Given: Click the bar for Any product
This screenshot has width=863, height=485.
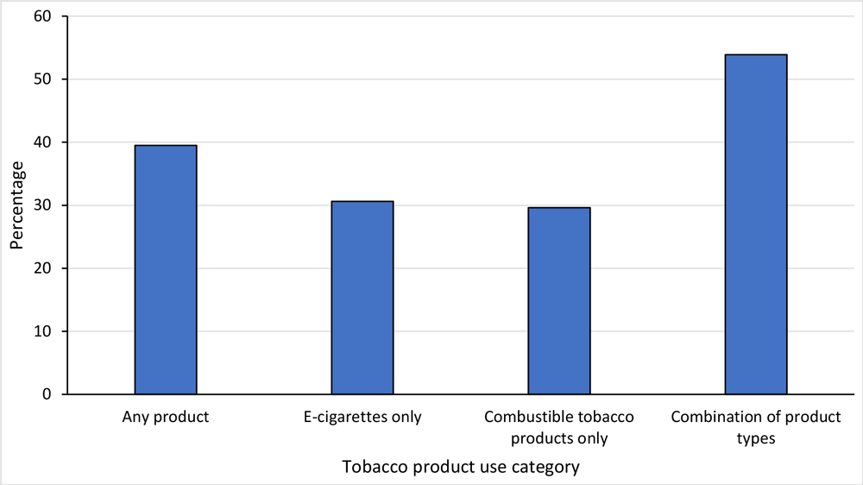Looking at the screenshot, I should pyautogui.click(x=166, y=269).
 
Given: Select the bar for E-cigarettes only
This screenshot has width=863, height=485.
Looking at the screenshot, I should pyautogui.click(x=362, y=298).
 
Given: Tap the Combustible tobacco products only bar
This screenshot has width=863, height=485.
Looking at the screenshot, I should pyautogui.click(x=559, y=300).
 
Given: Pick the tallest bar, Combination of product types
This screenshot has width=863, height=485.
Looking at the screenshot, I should pyautogui.click(x=756, y=224).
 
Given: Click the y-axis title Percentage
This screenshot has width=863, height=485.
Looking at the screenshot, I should pyautogui.click(x=17, y=205).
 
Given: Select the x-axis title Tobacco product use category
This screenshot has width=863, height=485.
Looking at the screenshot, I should pyautogui.click(x=460, y=467).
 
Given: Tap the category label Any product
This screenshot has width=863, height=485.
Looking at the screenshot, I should pyautogui.click(x=166, y=418).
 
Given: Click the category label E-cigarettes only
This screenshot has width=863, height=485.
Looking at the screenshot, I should pyautogui.click(x=362, y=418).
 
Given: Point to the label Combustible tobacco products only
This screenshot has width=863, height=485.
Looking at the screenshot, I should pyautogui.click(x=559, y=427).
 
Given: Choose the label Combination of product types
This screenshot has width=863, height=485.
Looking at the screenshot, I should pyautogui.click(x=756, y=427).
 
